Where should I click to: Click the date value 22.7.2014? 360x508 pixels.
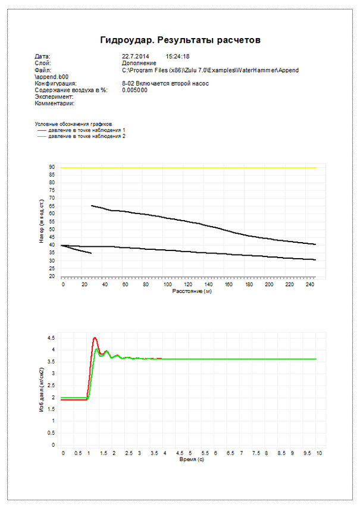[x=134, y=57]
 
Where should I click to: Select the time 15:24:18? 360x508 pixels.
[x=177, y=57]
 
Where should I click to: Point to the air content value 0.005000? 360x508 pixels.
[x=134, y=90]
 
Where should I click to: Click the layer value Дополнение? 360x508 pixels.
[x=139, y=62]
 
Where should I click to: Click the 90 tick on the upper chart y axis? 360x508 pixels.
[x=52, y=167]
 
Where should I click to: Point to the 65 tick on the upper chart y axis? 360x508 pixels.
[x=52, y=206]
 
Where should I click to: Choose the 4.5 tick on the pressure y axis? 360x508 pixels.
[x=52, y=337]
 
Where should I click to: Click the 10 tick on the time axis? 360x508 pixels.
[x=319, y=453]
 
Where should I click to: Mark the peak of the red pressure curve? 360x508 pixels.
[x=95, y=337]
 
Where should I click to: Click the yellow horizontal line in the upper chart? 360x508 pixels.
[x=190, y=168]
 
